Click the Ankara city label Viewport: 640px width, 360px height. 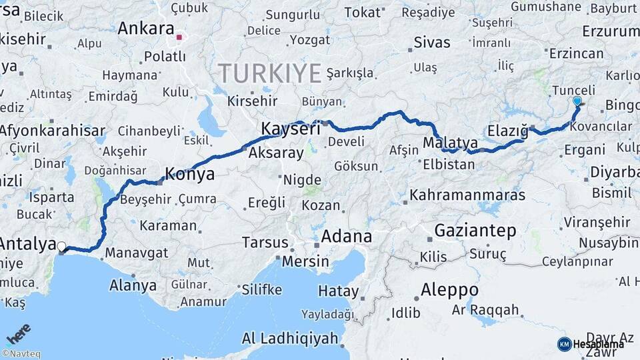point(145,29)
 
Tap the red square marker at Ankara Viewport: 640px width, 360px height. point(179,37)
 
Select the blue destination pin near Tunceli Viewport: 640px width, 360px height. point(577,101)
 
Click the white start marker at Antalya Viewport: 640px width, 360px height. point(61,247)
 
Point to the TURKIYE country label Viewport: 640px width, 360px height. point(270,73)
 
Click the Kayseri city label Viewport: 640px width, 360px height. point(291,129)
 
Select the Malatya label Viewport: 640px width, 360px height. point(451,143)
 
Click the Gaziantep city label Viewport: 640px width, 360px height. point(475,231)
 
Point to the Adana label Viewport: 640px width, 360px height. point(346,237)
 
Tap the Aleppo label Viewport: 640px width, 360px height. point(449,291)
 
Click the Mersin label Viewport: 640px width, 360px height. point(305,261)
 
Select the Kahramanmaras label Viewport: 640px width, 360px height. point(467,195)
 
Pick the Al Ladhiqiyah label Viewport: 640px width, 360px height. point(290,339)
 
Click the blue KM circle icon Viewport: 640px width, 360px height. point(564,344)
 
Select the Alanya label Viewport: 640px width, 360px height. point(133,286)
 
